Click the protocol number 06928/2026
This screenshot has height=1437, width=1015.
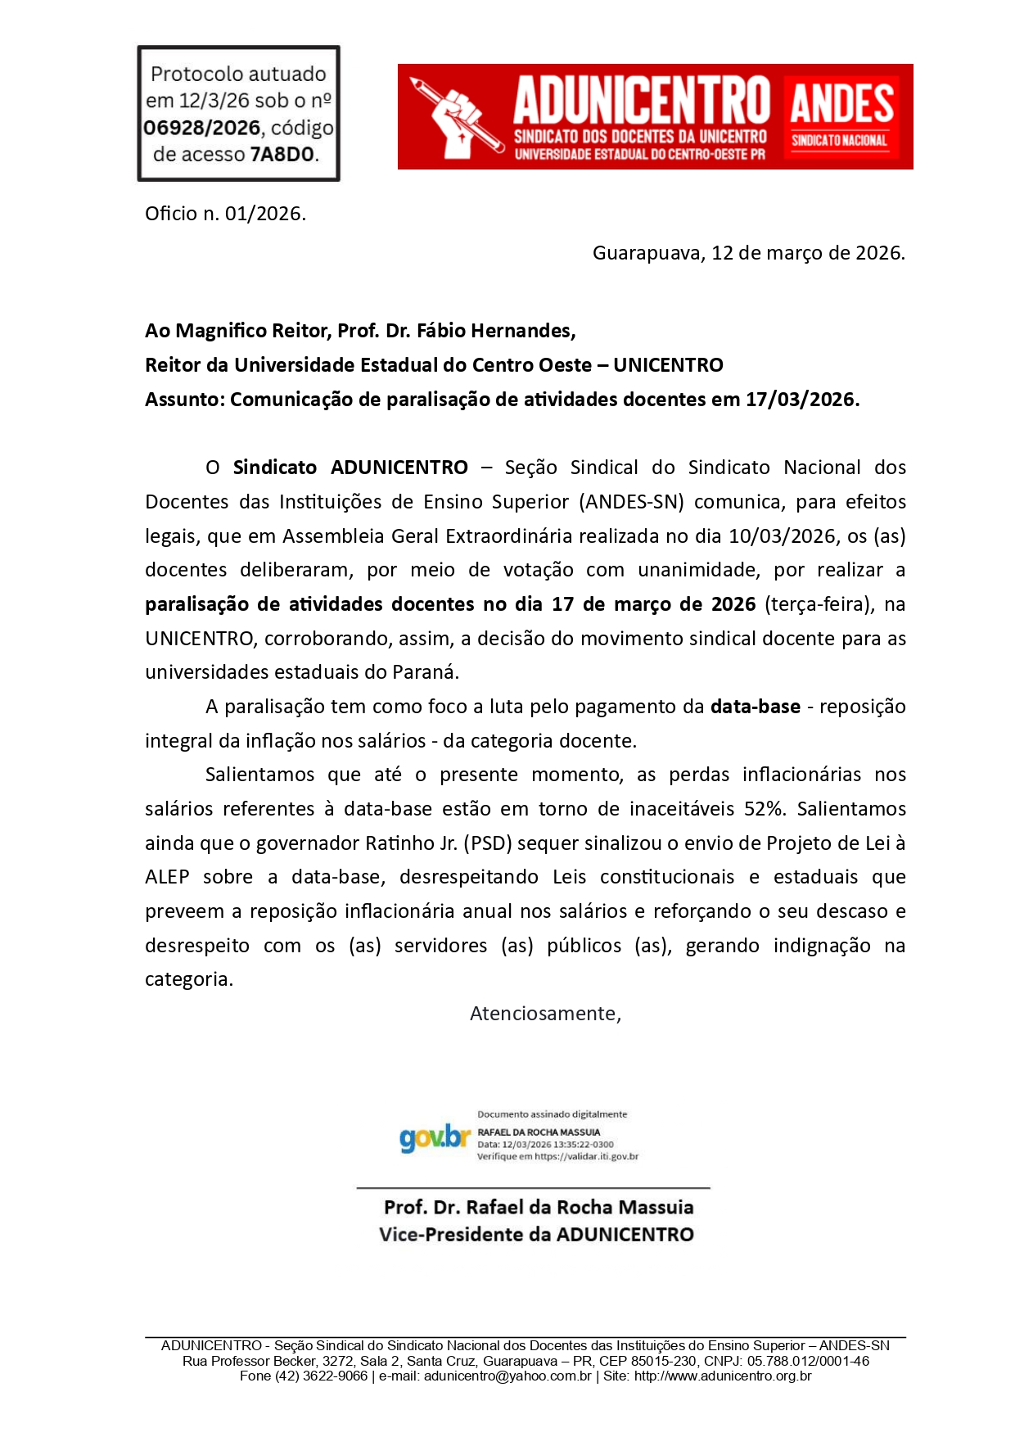[x=202, y=129]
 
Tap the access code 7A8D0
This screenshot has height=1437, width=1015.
[x=282, y=155]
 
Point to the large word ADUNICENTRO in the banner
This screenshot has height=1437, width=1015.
[x=642, y=101]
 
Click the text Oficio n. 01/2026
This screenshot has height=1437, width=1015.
[x=225, y=214]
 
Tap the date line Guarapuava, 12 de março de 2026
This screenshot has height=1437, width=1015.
[x=748, y=253]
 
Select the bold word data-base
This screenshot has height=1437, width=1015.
[x=755, y=707]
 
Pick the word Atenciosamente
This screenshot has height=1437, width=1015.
[x=545, y=1014]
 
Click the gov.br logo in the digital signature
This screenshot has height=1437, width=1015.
[x=435, y=1137]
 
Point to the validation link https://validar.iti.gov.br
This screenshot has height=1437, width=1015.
[x=586, y=1157]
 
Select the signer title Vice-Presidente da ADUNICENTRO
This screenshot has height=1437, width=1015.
[x=536, y=1235]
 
